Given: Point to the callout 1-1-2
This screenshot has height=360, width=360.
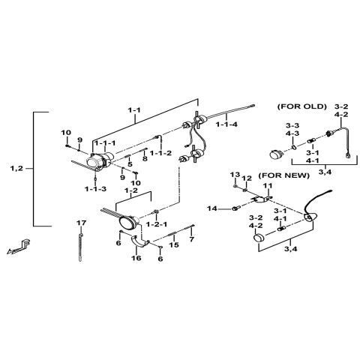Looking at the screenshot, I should click(x=160, y=153).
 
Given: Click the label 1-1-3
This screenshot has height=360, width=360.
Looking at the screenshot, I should click(x=95, y=189).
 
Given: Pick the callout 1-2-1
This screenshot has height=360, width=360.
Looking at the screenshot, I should click(x=156, y=225).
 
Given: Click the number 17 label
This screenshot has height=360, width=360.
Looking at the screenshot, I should click(x=82, y=223).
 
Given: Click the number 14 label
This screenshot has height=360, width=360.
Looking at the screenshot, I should click(x=212, y=208).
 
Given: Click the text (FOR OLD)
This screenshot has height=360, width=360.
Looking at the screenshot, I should click(x=301, y=106).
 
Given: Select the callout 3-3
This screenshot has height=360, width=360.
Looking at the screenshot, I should click(x=291, y=125).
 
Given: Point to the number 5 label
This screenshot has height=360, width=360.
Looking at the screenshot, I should click(x=129, y=164).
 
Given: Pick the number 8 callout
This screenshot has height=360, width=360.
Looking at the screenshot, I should click(x=144, y=160).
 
